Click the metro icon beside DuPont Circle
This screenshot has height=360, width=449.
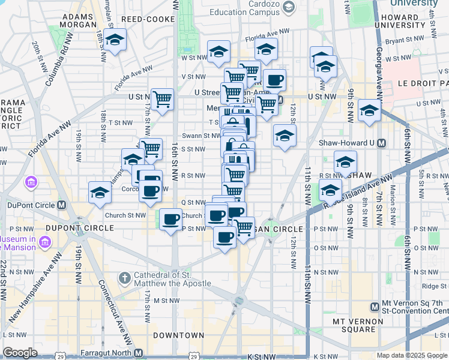[61, 205]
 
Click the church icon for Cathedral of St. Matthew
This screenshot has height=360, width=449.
[124, 277]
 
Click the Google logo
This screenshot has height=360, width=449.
[20, 352]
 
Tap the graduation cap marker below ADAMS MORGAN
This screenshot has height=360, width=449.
[114, 40]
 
